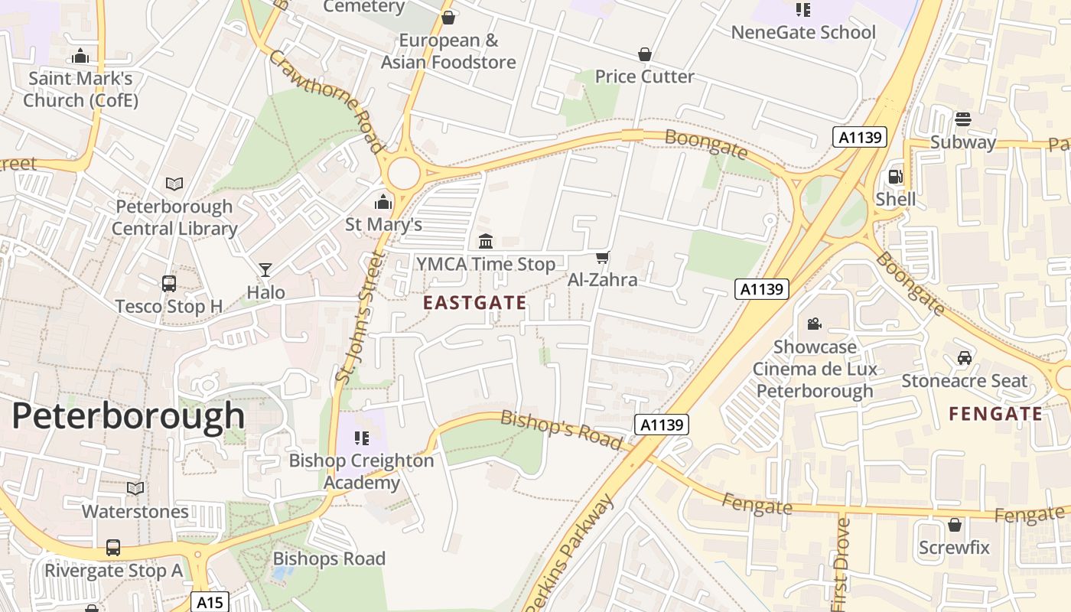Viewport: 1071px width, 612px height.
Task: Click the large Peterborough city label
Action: coord(128,417)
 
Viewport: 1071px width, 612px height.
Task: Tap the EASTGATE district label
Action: coord(474,303)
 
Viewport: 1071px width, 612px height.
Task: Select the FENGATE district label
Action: coord(995,415)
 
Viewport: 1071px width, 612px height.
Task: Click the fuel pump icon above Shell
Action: coord(894,177)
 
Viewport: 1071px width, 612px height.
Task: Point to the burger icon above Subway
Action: coord(962,119)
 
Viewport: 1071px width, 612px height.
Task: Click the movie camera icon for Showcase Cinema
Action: coord(814,324)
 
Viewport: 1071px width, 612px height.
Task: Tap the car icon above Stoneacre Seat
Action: coord(964,358)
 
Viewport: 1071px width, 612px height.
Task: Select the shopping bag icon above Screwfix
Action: coord(954,525)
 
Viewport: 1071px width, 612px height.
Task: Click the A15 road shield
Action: coord(210,602)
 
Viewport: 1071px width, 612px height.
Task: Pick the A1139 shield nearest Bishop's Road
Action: coord(662,425)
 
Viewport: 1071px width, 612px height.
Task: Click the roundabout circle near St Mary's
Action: coord(403,174)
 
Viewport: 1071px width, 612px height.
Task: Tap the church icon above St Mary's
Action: coord(382,203)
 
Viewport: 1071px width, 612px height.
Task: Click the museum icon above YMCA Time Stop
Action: coord(485,242)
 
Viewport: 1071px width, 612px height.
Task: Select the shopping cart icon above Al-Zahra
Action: coord(602,258)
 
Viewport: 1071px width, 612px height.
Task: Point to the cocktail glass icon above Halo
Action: coord(265,269)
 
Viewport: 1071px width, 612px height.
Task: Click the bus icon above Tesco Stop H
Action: coord(169,284)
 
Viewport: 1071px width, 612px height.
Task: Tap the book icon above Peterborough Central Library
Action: coord(174,184)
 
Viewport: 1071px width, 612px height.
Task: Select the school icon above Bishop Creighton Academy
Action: coord(362,438)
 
